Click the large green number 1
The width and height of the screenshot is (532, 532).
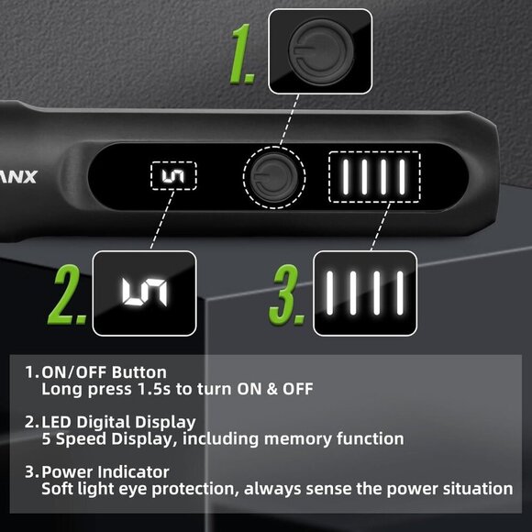[x=241, y=54]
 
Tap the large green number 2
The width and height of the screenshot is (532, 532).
[x=68, y=294]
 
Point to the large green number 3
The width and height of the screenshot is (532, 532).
[x=287, y=294]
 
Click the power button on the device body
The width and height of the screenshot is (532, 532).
[x=274, y=177]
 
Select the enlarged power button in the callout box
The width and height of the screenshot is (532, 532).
[x=320, y=51]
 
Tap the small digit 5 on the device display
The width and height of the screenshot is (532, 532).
[x=173, y=176]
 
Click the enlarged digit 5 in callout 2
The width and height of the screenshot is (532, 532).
[x=145, y=293]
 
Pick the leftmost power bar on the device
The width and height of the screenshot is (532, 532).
[x=346, y=177]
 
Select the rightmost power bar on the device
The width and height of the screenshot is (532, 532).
[x=402, y=177]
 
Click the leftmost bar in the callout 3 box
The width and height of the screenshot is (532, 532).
[x=329, y=293]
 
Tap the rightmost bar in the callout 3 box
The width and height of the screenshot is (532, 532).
[x=400, y=293]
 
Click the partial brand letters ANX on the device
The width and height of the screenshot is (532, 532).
[x=18, y=177]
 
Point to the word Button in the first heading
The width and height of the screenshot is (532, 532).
[x=139, y=372]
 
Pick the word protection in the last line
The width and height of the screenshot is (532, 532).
[x=193, y=489]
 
